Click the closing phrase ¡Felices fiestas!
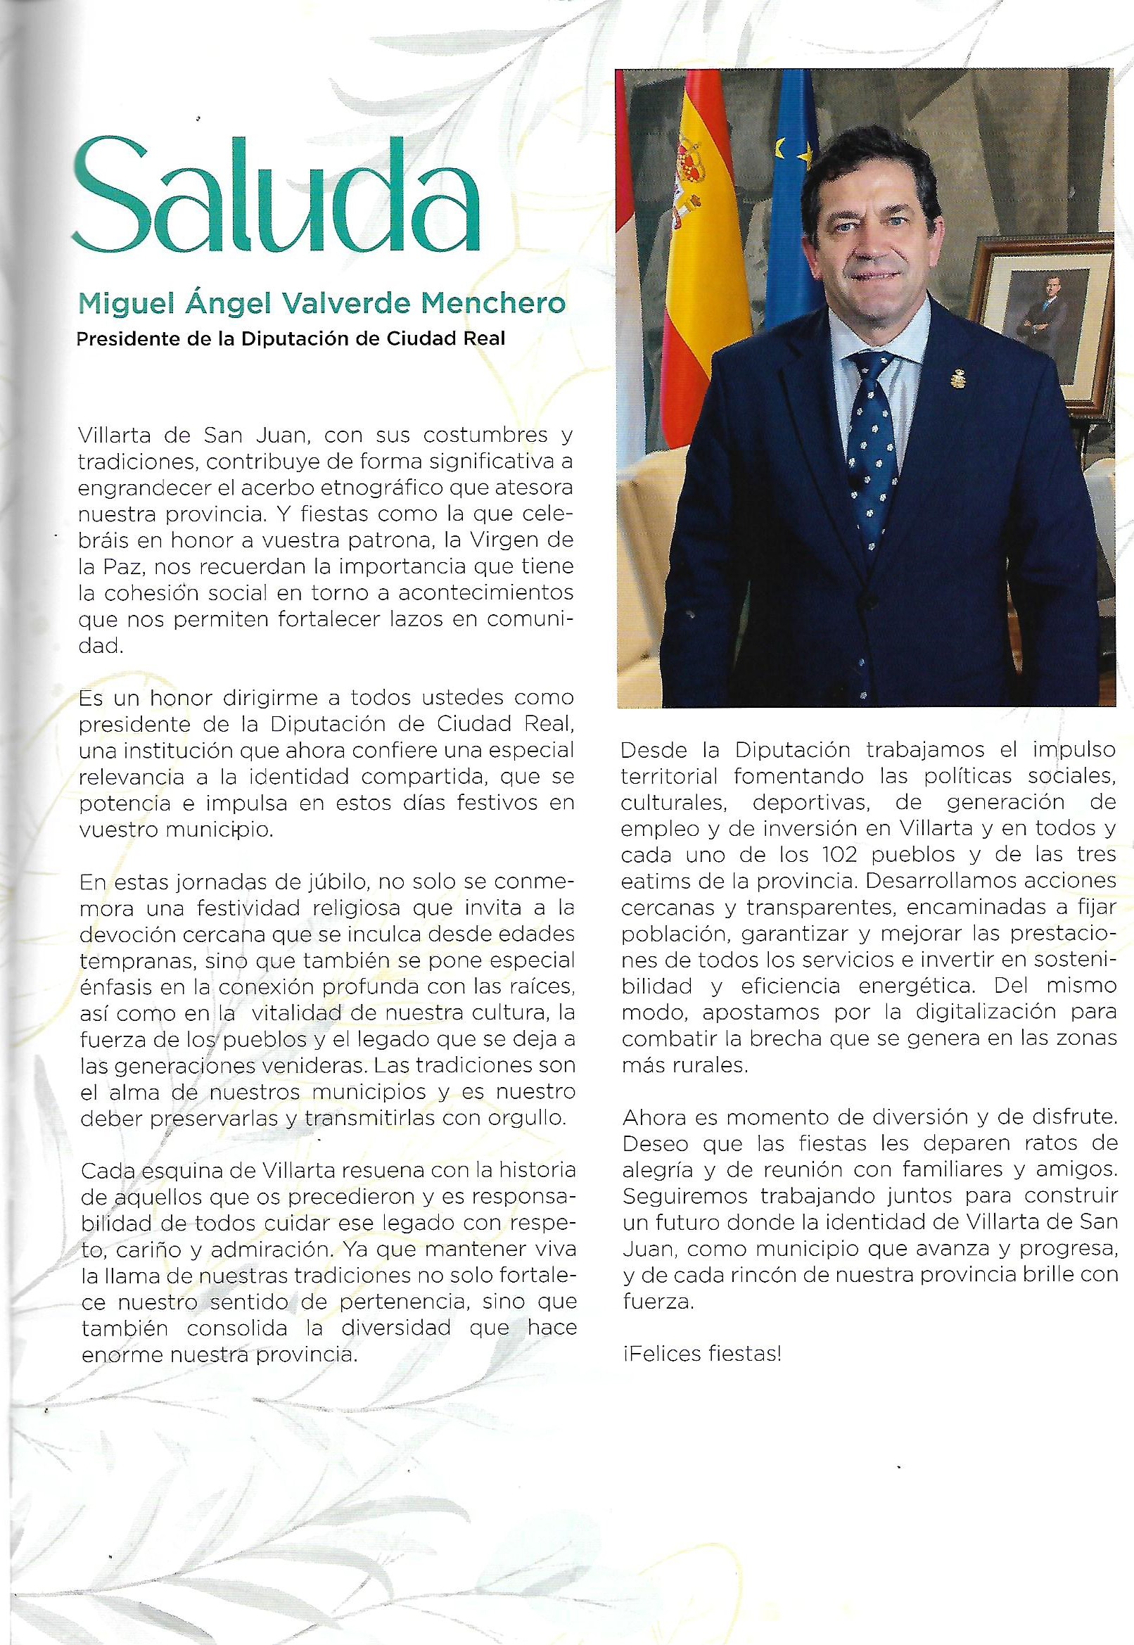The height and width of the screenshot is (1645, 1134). point(701,1354)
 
